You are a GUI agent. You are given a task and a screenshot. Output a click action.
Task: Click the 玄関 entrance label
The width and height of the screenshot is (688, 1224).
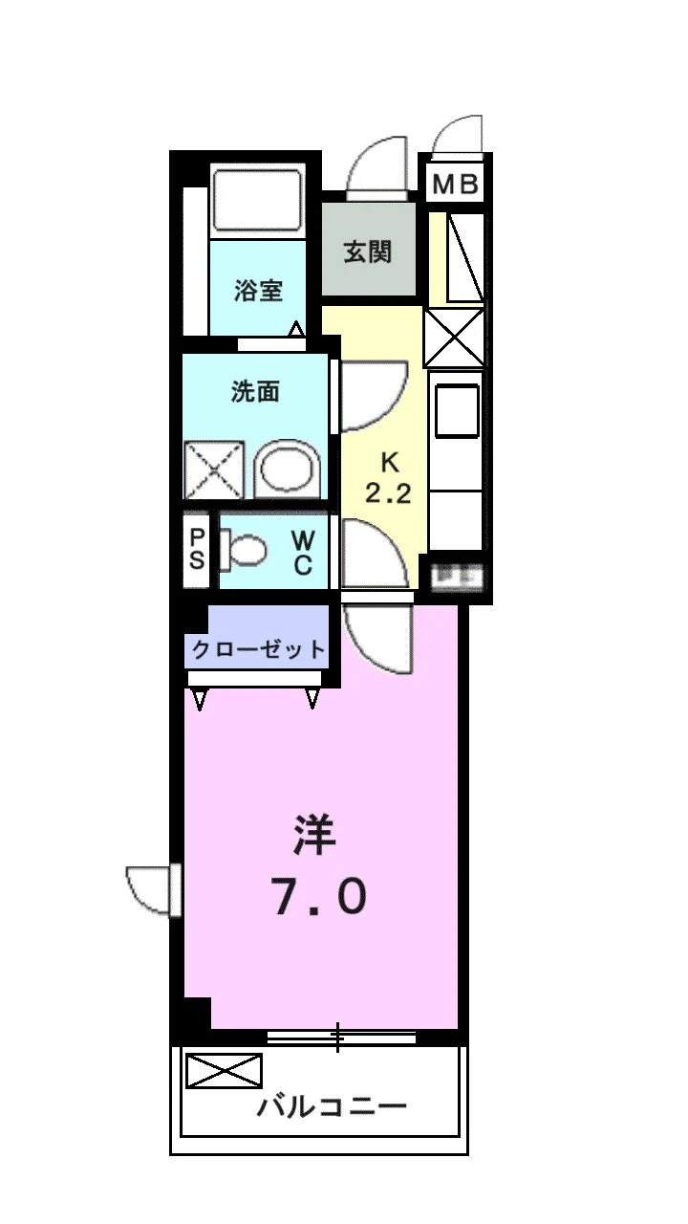click(368, 252)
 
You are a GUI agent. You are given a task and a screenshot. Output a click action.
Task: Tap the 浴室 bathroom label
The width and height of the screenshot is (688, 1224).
click(259, 290)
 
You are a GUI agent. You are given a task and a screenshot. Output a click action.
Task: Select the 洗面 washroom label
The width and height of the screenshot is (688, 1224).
click(255, 391)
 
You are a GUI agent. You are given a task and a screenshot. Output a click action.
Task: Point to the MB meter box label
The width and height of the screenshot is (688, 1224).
click(456, 185)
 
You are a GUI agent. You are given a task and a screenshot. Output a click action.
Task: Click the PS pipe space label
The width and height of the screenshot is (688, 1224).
click(197, 549)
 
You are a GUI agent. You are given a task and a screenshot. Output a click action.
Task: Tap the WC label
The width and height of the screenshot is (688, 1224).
click(303, 553)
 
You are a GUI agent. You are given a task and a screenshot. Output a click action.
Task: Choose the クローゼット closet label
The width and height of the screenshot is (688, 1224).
click(258, 649)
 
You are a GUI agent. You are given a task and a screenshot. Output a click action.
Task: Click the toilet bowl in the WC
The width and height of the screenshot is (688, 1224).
click(244, 549)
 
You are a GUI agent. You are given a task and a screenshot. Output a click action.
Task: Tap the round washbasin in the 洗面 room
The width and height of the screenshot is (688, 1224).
click(288, 470)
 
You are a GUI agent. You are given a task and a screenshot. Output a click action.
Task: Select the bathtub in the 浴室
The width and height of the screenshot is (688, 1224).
click(258, 200)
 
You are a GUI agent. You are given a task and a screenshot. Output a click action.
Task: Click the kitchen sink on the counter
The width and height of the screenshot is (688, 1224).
click(457, 410)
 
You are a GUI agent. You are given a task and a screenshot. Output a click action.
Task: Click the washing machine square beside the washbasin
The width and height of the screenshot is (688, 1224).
click(213, 470)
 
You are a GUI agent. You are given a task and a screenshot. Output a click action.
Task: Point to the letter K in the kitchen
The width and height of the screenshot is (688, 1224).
click(389, 463)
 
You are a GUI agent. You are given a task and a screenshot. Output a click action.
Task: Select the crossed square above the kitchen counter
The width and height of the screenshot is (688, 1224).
click(454, 338)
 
